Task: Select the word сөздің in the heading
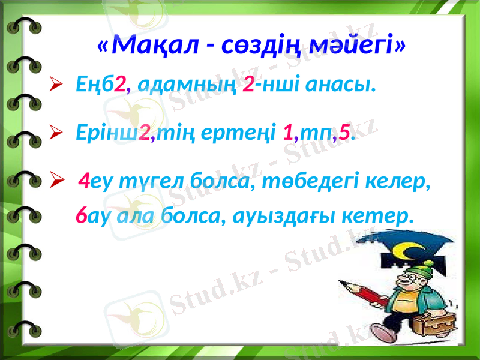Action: click(x=265, y=44)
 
